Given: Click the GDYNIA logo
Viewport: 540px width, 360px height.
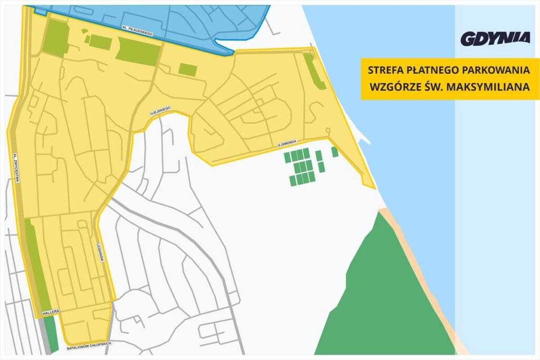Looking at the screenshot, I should [495, 38].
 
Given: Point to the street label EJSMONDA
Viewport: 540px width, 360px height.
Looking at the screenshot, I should [288, 143].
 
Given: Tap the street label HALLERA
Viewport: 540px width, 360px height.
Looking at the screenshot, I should [52, 312].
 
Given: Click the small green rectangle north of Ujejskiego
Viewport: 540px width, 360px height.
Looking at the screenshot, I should [187, 69].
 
